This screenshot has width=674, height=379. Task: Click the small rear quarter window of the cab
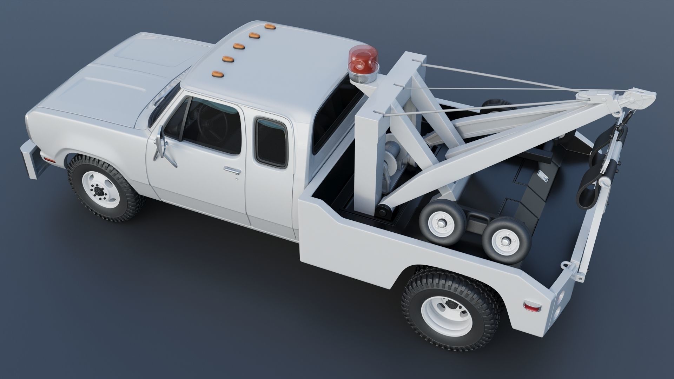271,142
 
